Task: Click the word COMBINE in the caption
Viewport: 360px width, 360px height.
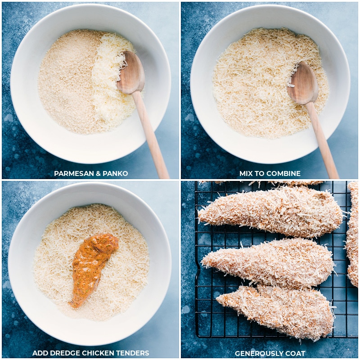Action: [283, 173]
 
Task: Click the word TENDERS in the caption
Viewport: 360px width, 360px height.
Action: [133, 353]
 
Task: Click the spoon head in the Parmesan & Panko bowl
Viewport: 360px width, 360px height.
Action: [130, 72]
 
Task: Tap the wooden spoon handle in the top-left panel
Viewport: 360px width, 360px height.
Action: [151, 135]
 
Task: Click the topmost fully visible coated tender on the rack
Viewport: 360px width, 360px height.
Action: [270, 211]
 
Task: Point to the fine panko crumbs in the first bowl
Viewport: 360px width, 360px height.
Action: [67, 85]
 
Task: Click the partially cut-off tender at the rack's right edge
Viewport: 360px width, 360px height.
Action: [353, 234]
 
